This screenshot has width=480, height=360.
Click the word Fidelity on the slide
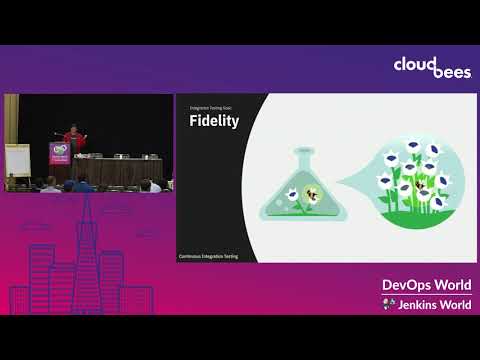pos(212,121)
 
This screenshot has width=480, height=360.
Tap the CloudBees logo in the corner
pos(418,68)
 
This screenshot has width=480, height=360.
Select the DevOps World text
pos(425,284)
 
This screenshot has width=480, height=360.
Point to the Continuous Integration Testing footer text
pos(207,256)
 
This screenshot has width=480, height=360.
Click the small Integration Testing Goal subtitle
pos(205,104)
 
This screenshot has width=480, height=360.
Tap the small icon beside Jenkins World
pos(390,303)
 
